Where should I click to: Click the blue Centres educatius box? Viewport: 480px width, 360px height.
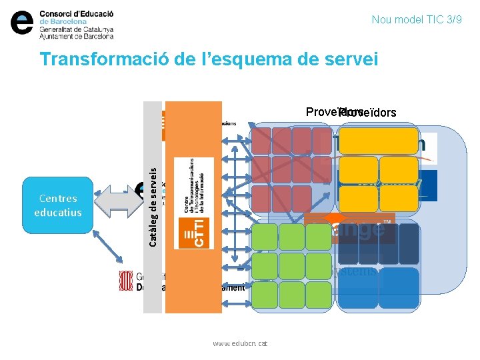click(x=58, y=205)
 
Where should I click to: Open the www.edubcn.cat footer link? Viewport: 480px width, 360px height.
click(x=240, y=343)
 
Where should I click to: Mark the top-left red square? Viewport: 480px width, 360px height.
click(x=261, y=141)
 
